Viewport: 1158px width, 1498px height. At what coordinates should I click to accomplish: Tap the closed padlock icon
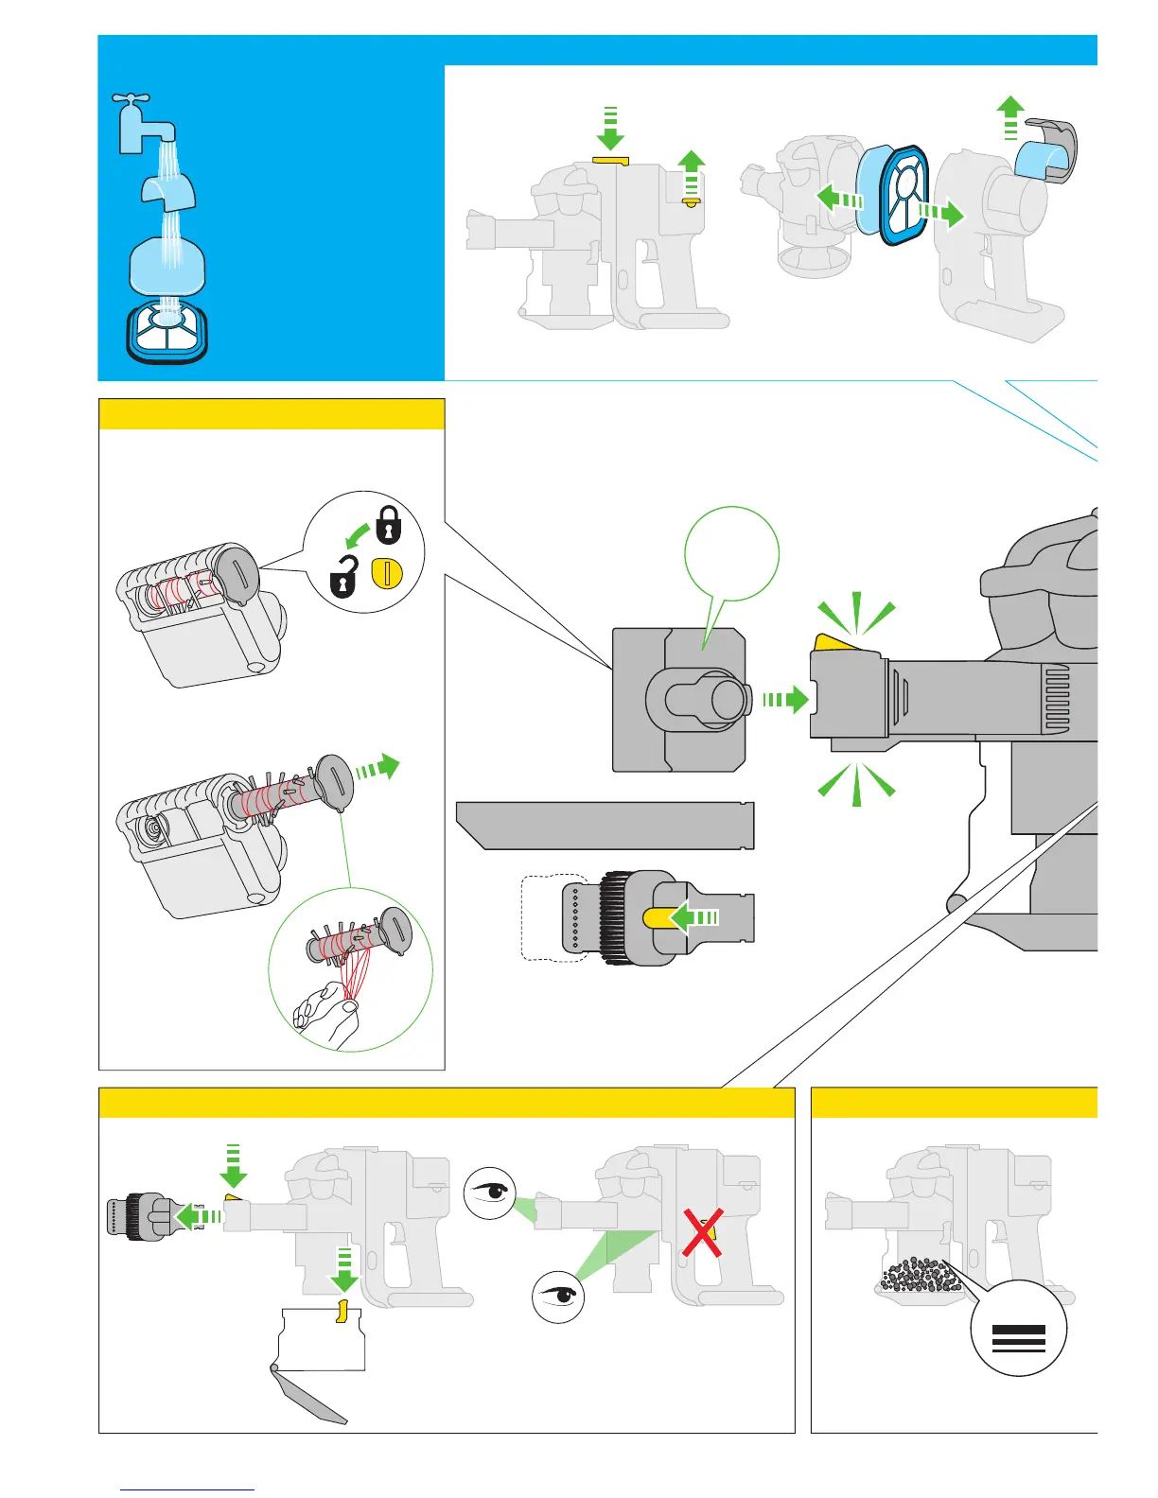pyautogui.click(x=388, y=526)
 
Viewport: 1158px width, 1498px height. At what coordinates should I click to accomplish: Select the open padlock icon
pyautogui.click(x=343, y=577)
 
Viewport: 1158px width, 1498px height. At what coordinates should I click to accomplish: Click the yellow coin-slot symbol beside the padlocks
pyautogui.click(x=387, y=573)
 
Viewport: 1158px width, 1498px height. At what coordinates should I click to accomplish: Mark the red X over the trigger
pyautogui.click(x=702, y=1232)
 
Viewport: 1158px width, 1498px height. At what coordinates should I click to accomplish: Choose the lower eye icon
pyautogui.click(x=558, y=1296)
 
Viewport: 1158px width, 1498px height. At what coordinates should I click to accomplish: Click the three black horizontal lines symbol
pyautogui.click(x=1018, y=1338)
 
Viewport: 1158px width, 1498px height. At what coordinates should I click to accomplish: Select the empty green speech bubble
pyautogui.click(x=731, y=554)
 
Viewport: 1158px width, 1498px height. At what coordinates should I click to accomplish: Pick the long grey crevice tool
pyautogui.click(x=605, y=826)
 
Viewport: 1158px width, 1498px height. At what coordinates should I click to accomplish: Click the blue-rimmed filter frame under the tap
pyautogui.click(x=167, y=330)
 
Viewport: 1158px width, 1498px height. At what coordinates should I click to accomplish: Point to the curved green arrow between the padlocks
pyautogui.click(x=358, y=537)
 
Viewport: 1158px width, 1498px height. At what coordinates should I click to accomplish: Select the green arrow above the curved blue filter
pyautogui.click(x=1010, y=116)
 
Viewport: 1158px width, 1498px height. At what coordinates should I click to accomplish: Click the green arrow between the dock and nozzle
pyautogui.click(x=784, y=700)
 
